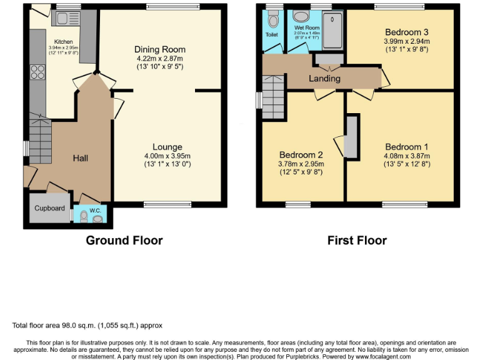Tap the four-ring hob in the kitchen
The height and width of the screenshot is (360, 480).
pos(36,72)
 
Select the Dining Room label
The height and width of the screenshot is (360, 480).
pos(160,49)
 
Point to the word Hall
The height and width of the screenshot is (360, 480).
pos(80,158)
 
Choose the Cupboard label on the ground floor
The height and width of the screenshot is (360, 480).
pos(49,208)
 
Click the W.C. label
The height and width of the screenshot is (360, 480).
pos(95,211)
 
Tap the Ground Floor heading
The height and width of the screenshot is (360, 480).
pos(124,241)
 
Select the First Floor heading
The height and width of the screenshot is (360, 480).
pos(357,241)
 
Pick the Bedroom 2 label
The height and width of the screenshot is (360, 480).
pos(301,155)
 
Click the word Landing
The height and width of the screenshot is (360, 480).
pos(324,78)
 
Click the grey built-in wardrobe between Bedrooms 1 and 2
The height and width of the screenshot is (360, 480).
pos(352,136)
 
